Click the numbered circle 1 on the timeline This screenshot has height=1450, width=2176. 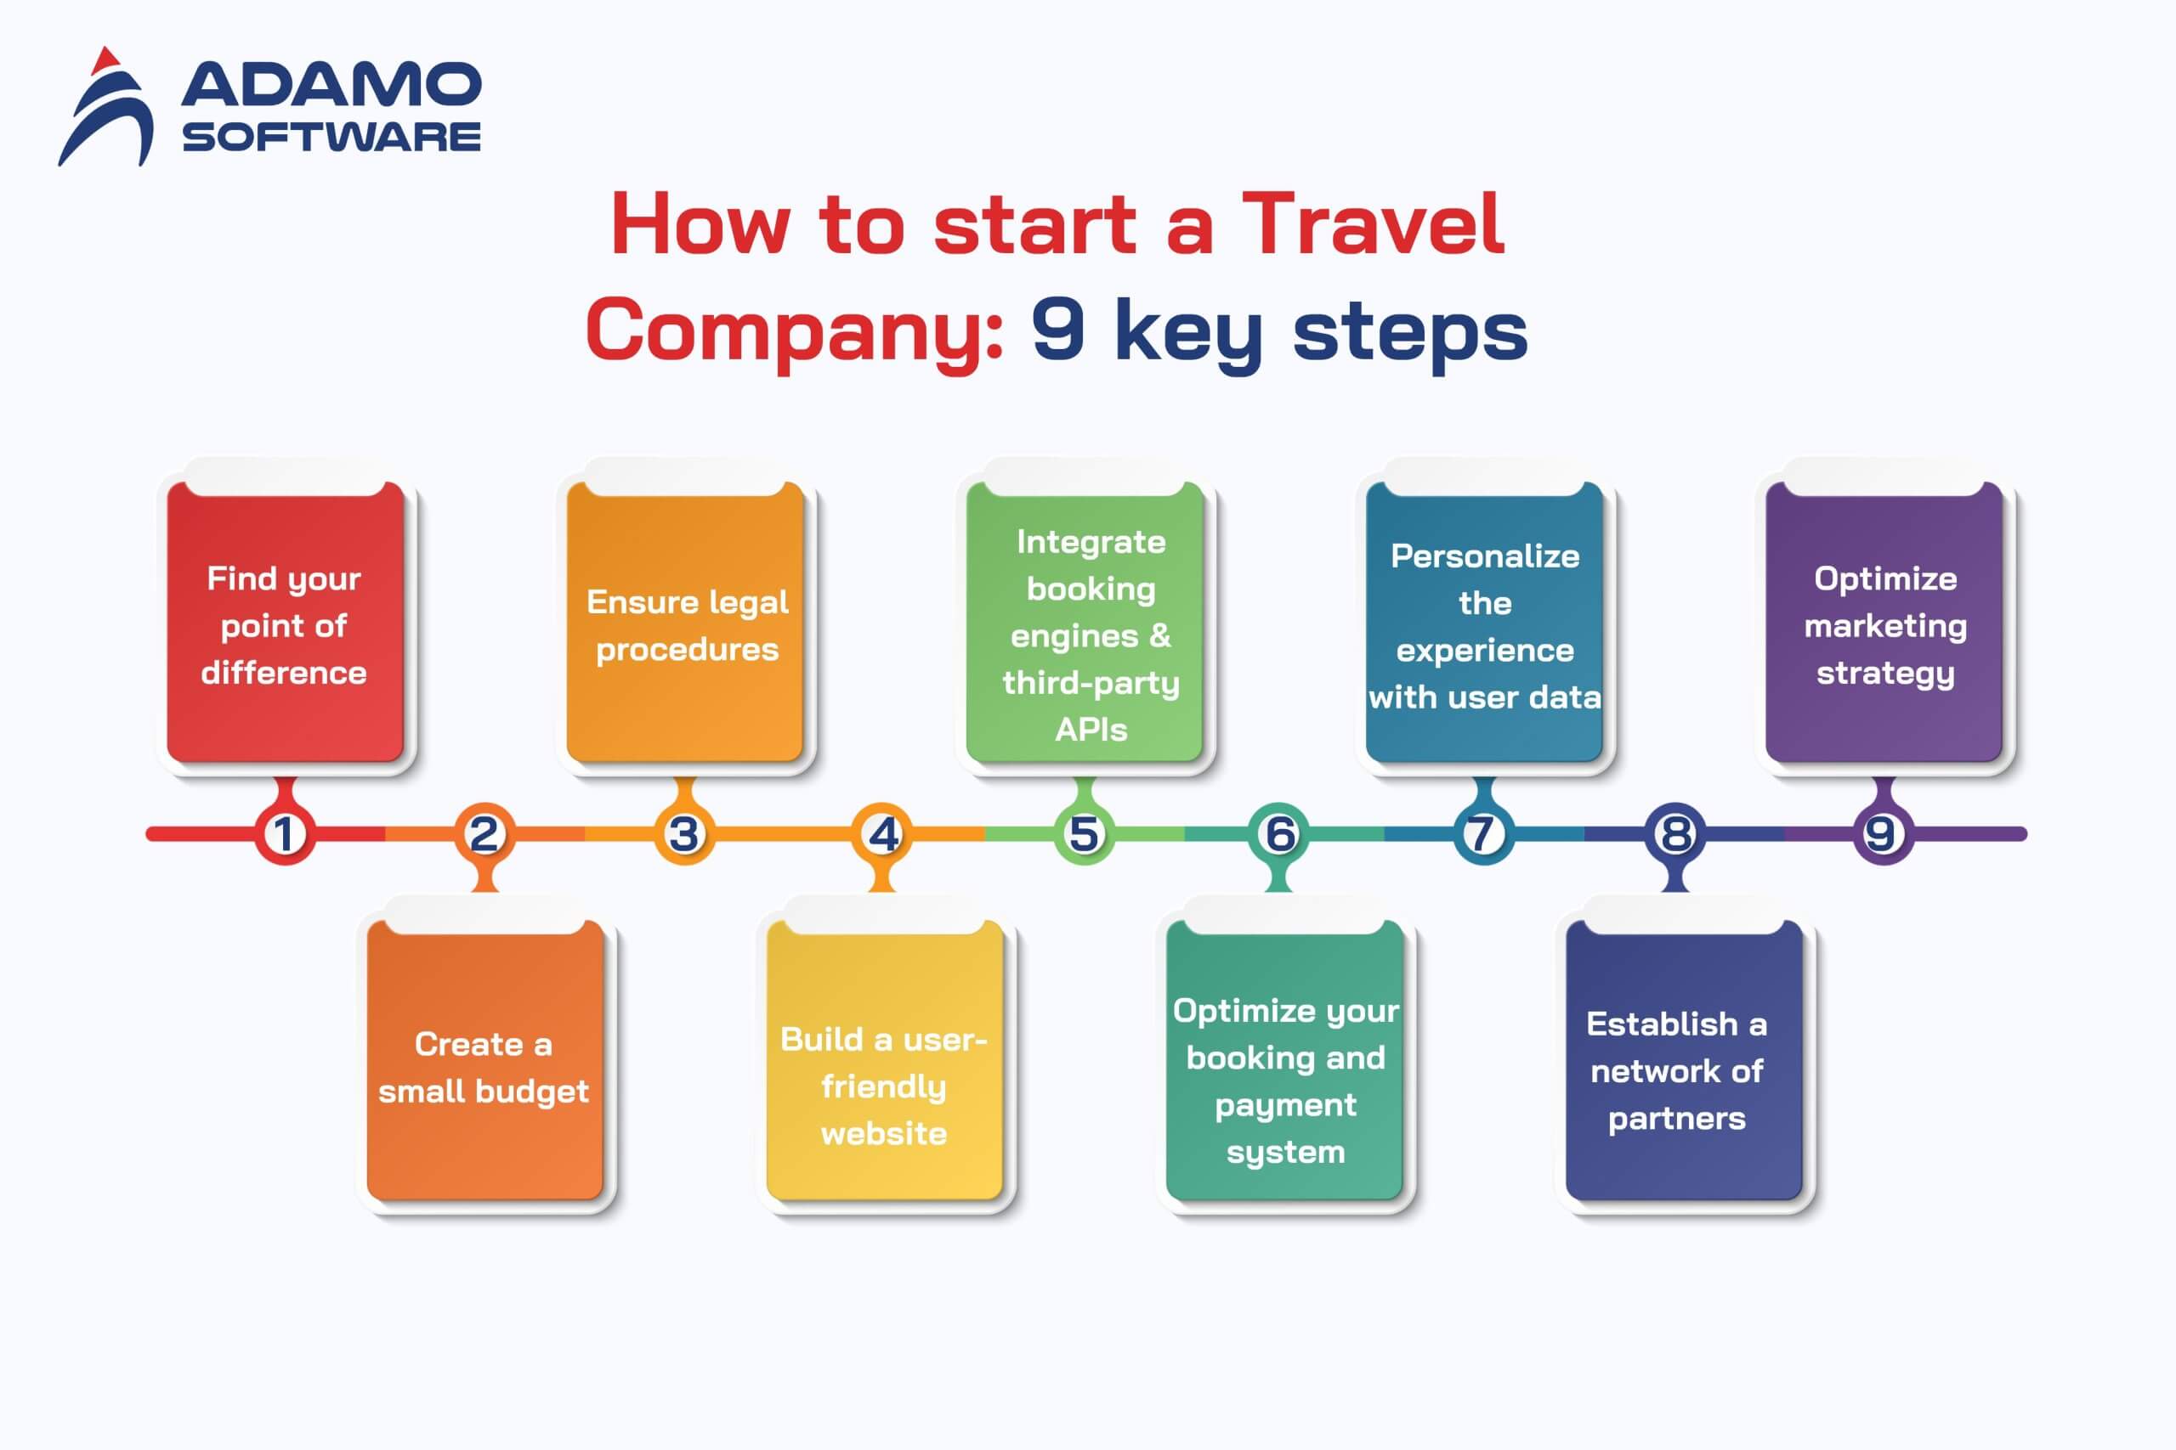click(285, 834)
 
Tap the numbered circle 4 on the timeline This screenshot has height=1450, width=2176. click(883, 834)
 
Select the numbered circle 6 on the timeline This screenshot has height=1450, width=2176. click(1279, 834)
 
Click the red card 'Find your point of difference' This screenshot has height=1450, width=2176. click(285, 622)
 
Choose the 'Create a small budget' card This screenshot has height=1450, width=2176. click(484, 1060)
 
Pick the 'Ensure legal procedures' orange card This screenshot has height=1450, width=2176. click(684, 622)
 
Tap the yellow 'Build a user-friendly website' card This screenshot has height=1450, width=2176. click(885, 1060)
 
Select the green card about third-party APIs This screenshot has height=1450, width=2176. click(1085, 622)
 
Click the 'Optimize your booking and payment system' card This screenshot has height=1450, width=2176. click(1284, 1060)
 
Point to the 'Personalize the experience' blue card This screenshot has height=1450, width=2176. click(1484, 622)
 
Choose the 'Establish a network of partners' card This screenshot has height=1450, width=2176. click(1684, 1060)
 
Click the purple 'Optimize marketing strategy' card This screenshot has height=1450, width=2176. click(1884, 622)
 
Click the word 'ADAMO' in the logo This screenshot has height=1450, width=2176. click(331, 84)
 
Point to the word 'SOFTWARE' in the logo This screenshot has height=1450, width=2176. click(331, 137)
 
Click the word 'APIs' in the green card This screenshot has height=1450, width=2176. click(1091, 730)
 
